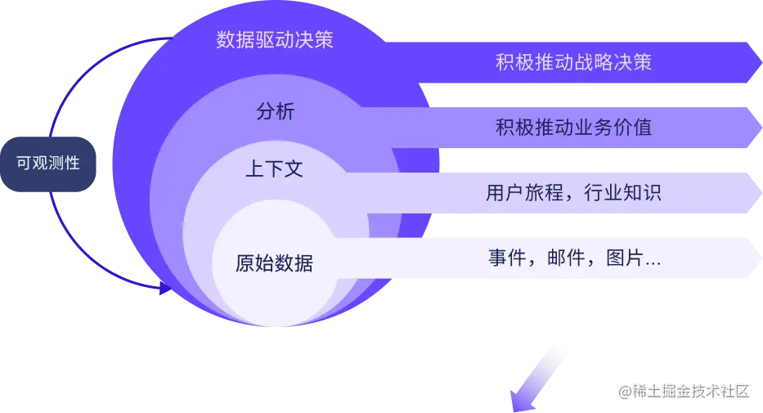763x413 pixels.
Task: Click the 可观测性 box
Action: pyautogui.click(x=48, y=162)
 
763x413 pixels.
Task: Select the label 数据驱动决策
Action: pyautogui.click(x=275, y=40)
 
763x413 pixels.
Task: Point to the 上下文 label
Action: pyautogui.click(x=275, y=169)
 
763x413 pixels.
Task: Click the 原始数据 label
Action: pyautogui.click(x=273, y=263)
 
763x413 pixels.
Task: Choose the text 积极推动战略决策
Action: pyautogui.click(x=573, y=62)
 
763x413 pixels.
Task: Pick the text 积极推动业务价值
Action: pyautogui.click(x=573, y=128)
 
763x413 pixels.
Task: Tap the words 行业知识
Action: pyautogui.click(x=624, y=193)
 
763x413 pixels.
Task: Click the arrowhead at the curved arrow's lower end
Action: pyautogui.click(x=164, y=287)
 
